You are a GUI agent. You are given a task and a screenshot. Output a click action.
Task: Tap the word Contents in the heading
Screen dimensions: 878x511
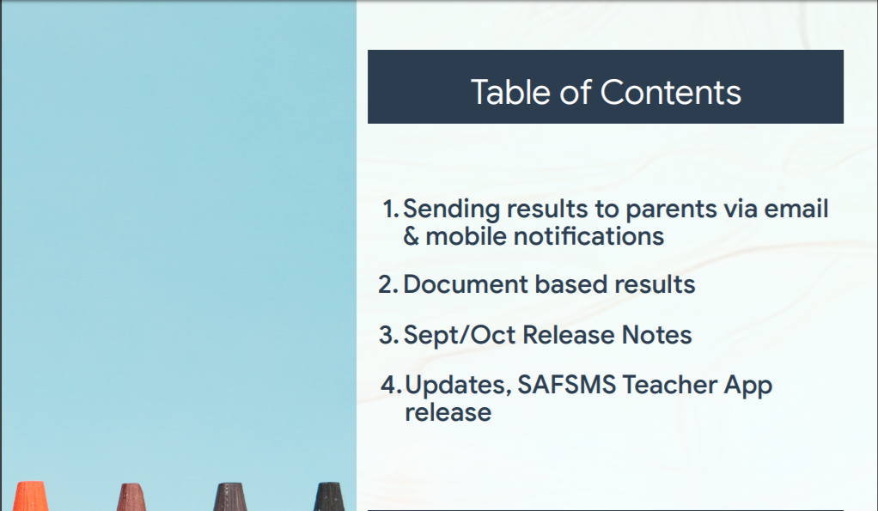(x=671, y=92)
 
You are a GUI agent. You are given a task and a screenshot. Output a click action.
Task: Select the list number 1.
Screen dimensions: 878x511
(x=390, y=209)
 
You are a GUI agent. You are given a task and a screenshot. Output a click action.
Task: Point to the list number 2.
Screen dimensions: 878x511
(x=388, y=284)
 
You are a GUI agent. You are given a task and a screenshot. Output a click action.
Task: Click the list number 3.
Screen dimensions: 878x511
(x=388, y=335)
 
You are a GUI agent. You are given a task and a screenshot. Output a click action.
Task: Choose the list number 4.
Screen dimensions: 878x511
(x=391, y=385)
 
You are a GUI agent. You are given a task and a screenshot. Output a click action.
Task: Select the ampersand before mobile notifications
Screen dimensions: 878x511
(x=411, y=236)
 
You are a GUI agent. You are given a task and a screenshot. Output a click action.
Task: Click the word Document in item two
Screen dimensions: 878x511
(x=466, y=284)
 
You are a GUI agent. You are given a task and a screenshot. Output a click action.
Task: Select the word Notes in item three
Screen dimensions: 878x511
(x=657, y=335)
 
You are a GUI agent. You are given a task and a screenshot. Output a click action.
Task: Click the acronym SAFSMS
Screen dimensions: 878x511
(x=566, y=385)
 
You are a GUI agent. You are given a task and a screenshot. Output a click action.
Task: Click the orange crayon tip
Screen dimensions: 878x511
(x=30, y=496)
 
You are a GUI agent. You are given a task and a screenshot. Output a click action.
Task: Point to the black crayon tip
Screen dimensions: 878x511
(x=329, y=496)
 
